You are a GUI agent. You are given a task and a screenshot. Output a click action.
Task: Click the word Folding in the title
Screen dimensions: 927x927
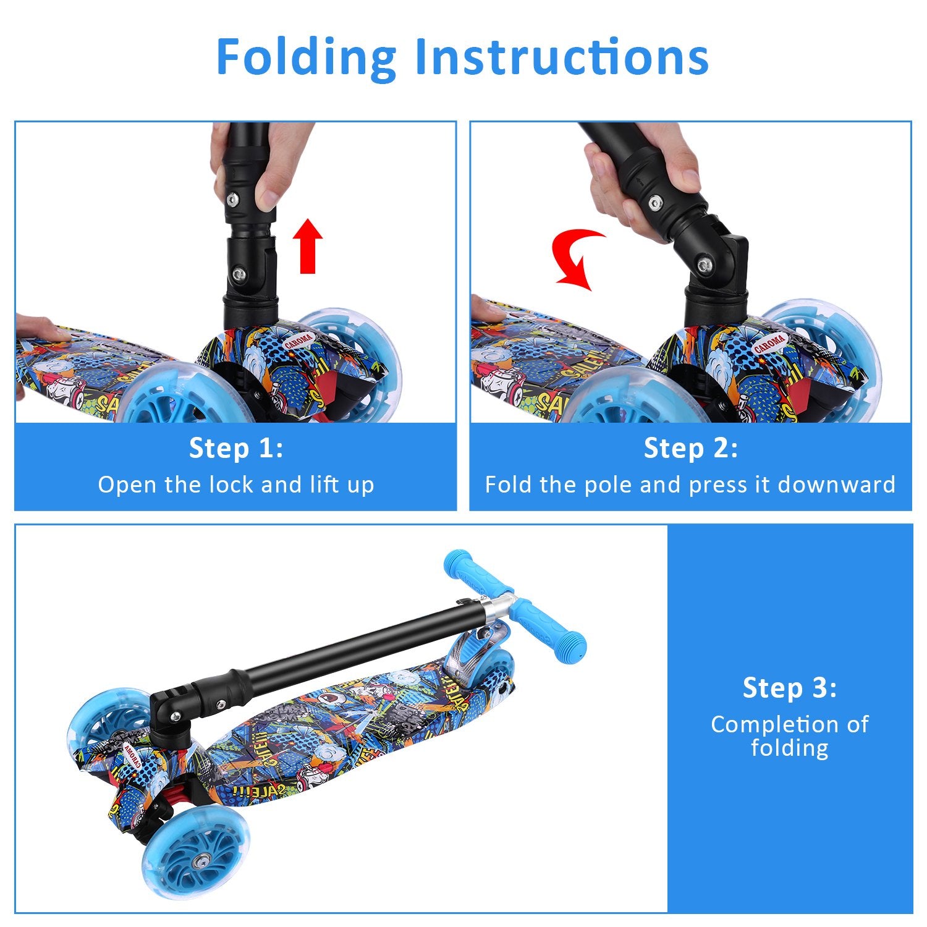click(x=306, y=57)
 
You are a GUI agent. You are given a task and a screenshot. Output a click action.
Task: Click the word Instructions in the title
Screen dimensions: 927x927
click(x=562, y=57)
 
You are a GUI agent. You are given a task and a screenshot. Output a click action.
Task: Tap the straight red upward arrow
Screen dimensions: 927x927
click(x=307, y=245)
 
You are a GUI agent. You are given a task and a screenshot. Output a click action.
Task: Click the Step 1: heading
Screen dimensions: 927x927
click(x=235, y=447)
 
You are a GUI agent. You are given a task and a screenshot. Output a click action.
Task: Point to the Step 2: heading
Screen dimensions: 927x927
click(x=690, y=447)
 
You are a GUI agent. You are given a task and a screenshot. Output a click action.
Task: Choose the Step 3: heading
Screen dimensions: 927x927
click(x=790, y=687)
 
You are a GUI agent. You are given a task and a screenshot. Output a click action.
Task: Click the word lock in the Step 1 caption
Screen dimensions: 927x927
click(x=232, y=485)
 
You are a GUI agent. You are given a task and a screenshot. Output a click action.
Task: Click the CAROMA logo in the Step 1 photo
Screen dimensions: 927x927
click(x=299, y=341)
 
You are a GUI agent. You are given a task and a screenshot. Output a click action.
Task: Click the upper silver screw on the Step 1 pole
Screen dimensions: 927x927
click(x=232, y=199)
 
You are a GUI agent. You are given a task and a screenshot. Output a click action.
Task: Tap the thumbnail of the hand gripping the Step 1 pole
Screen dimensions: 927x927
click(x=268, y=198)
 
